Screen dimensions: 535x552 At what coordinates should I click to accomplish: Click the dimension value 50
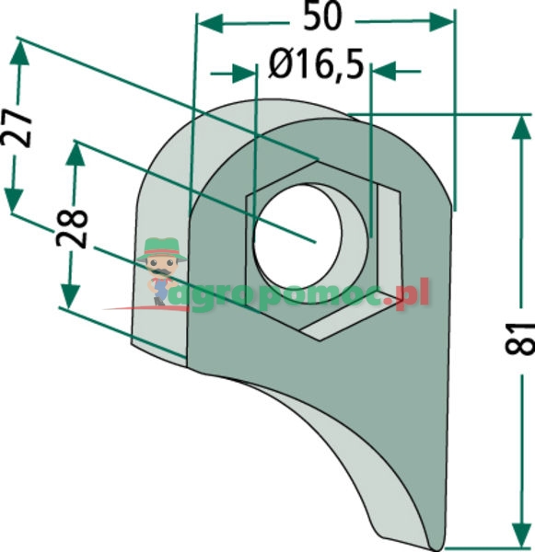coord(322,17)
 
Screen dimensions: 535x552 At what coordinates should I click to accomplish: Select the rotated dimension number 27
coord(17,128)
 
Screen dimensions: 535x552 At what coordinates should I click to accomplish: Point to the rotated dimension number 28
coord(72,229)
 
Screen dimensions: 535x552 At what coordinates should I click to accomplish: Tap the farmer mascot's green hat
coord(162,248)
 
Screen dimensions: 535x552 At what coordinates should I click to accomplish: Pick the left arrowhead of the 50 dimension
coord(210,24)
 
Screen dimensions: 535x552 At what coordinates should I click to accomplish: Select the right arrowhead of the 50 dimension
coord(441,22)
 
